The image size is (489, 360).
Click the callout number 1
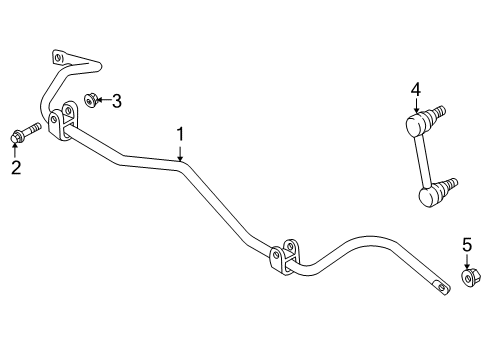coord(180,133)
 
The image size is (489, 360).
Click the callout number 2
coord(15,168)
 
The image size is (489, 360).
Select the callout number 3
coord(117,100)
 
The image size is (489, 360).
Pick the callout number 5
coord(467,245)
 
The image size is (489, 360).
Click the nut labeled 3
coord(90,99)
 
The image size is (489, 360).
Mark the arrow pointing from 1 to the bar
coord(180,152)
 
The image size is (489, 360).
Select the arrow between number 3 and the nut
coord(103,100)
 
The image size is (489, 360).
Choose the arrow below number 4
coord(415,108)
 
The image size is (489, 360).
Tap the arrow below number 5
coord(467,260)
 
